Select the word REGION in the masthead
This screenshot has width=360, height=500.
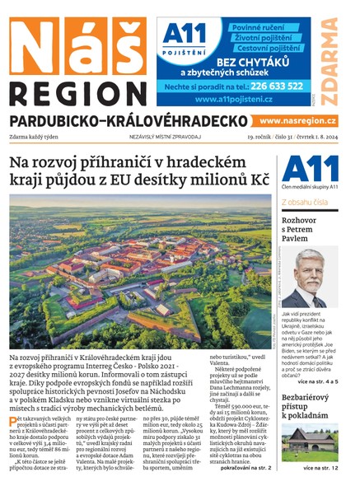coord(77,93)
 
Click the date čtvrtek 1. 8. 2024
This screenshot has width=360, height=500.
coord(319,137)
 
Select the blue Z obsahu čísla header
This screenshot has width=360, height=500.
coord(305,201)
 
